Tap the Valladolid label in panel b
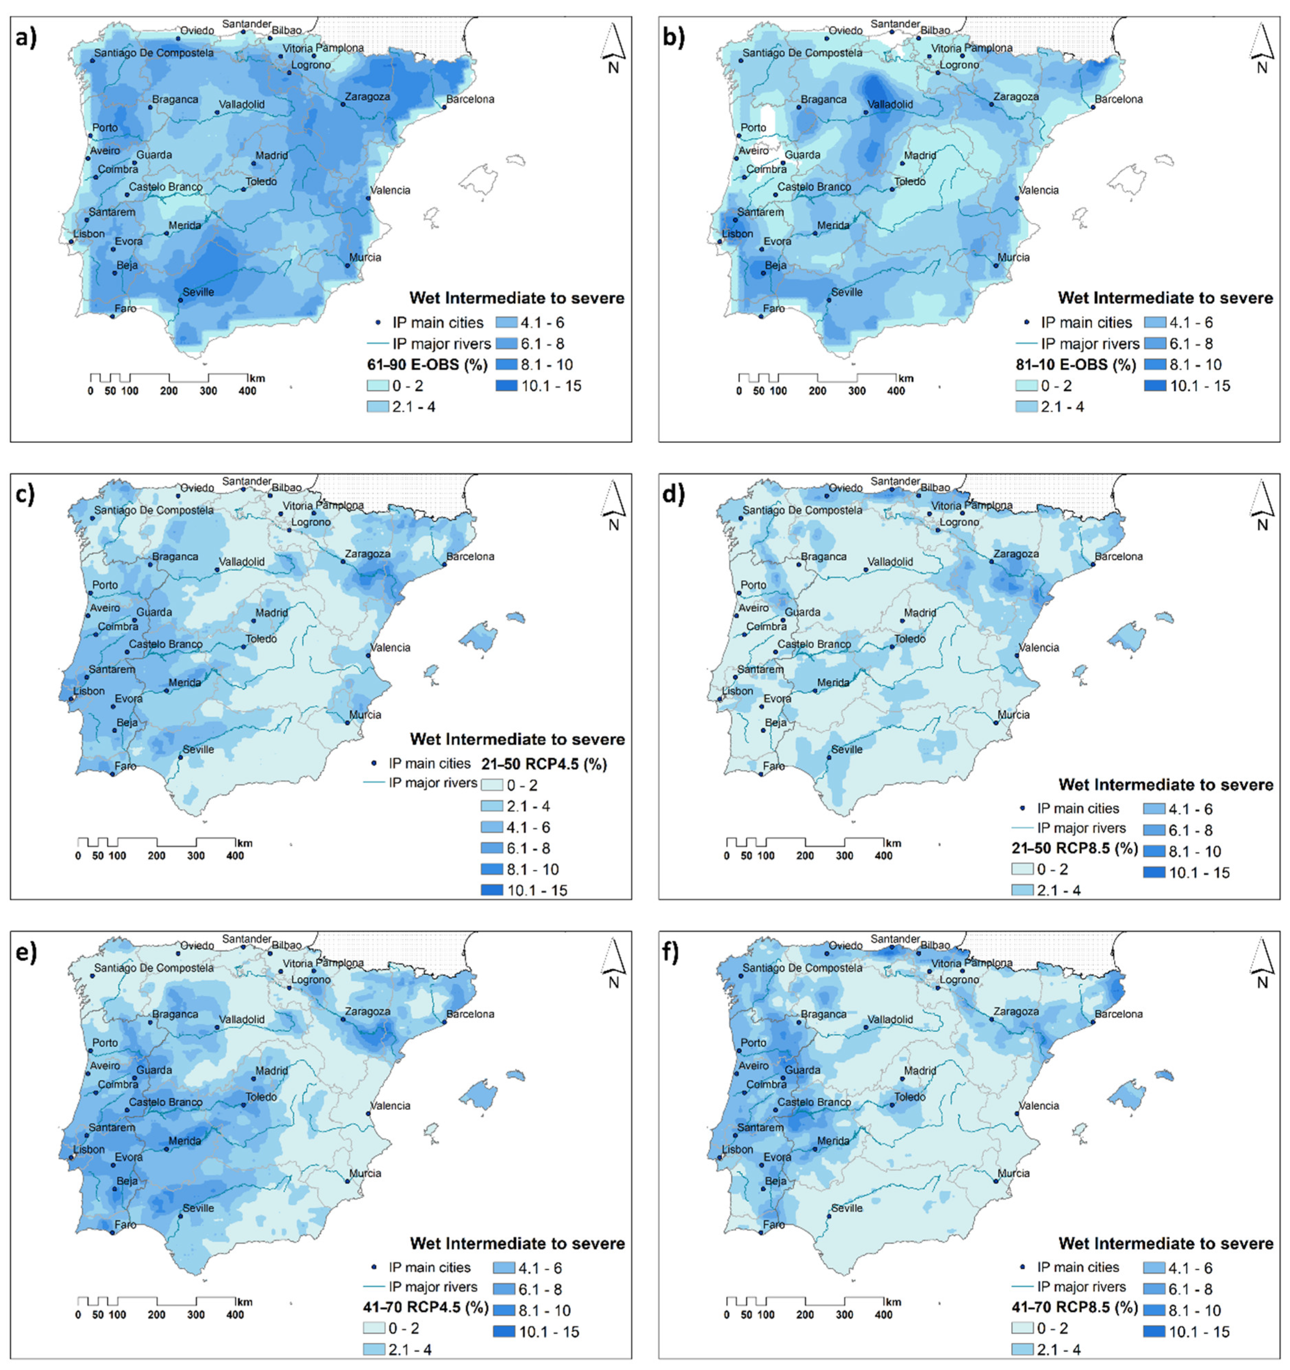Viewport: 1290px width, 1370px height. click(890, 105)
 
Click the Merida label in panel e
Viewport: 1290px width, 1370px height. click(185, 1140)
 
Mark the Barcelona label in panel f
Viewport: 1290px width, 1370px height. click(1118, 1014)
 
